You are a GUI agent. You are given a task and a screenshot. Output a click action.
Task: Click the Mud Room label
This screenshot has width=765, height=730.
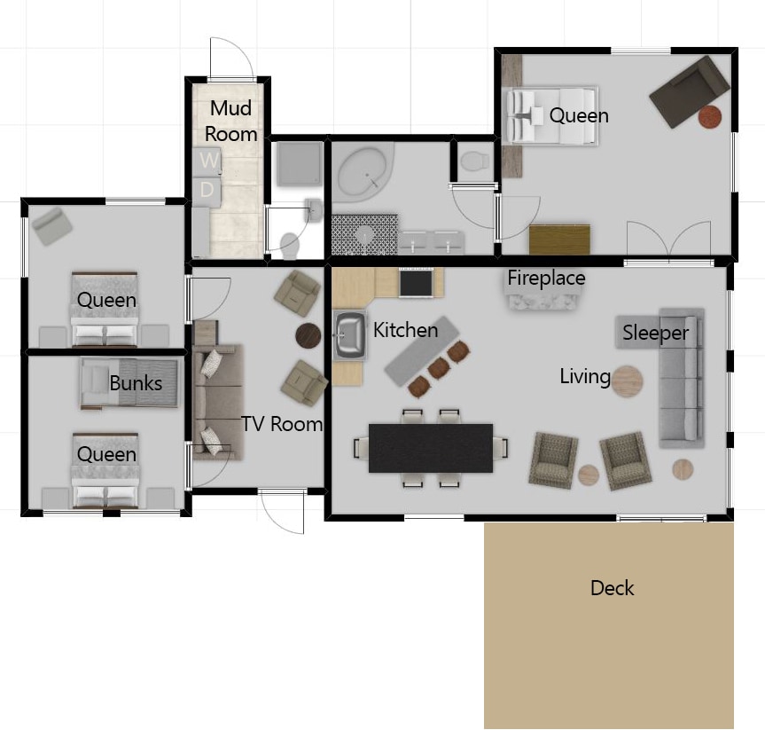click(230, 122)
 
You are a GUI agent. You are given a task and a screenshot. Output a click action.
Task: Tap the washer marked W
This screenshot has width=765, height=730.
click(207, 162)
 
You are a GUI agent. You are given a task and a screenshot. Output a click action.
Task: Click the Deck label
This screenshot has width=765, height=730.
click(612, 588)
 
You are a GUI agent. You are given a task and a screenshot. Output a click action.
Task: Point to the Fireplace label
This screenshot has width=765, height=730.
click(546, 278)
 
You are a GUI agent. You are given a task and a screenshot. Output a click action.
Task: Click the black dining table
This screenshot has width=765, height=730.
click(431, 448)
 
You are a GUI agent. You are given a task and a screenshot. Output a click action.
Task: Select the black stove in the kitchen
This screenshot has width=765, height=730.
click(416, 283)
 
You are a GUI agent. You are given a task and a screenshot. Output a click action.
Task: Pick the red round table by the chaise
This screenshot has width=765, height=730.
click(709, 117)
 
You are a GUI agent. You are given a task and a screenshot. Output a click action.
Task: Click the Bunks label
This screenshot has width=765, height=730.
click(136, 383)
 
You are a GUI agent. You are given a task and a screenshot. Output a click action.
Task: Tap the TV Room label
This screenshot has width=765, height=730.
click(282, 424)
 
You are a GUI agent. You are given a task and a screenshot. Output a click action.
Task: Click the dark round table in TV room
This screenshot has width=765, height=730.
click(308, 335)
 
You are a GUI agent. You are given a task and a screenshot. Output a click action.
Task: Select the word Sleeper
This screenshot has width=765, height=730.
click(655, 333)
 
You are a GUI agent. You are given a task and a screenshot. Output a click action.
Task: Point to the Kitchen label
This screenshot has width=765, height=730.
click(405, 330)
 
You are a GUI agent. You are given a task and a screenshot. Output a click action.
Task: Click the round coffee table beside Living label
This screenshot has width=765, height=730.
click(627, 381)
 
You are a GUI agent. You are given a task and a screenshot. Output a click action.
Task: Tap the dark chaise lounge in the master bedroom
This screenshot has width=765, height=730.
click(690, 91)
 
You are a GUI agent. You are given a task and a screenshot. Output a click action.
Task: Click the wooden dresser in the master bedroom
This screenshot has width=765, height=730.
click(559, 239)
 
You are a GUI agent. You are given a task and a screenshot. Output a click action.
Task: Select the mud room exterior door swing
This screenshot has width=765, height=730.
click(231, 58)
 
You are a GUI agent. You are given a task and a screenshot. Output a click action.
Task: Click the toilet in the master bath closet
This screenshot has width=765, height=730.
click(475, 161)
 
